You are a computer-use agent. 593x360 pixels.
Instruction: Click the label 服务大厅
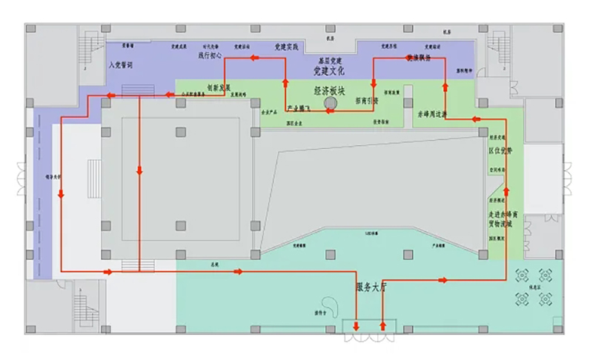pos(373,287)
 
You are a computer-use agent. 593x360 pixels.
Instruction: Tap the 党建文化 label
pos(329,71)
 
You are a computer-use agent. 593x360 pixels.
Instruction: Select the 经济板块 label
pos(330,90)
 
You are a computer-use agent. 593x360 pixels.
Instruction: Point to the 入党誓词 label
pos(120,65)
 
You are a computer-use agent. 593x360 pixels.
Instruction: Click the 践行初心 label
pos(210,55)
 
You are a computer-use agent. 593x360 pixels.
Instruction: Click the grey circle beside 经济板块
pos(330,105)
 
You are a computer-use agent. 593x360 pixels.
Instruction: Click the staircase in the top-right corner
pos(497,50)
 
